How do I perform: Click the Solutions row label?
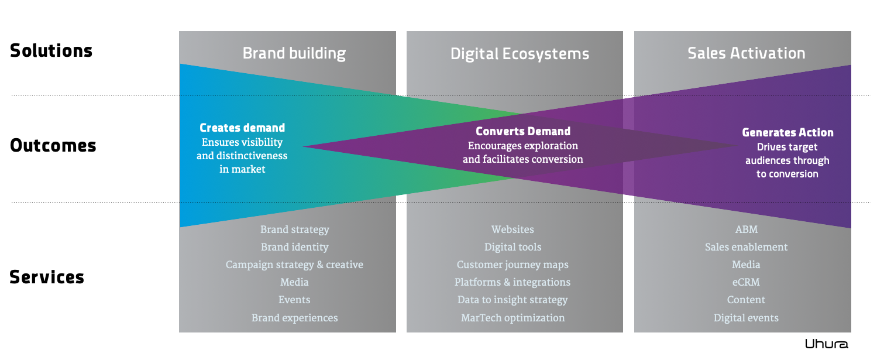click(51, 51)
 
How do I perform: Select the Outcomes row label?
click(53, 146)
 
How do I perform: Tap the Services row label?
click(47, 277)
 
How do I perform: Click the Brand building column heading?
click(294, 54)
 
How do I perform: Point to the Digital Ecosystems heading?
click(520, 54)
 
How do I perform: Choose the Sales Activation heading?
click(746, 53)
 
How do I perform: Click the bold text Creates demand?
click(242, 128)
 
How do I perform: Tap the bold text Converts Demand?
click(522, 131)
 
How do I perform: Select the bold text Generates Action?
click(787, 133)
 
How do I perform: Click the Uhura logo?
click(826, 344)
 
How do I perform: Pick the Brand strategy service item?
click(294, 230)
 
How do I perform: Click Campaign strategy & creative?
click(294, 265)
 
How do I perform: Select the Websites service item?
click(513, 230)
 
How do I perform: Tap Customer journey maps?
click(513, 265)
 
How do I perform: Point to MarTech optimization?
click(513, 318)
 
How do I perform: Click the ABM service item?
click(746, 230)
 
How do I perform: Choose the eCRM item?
click(746, 283)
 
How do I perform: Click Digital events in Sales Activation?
click(746, 318)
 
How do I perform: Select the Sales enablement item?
click(746, 248)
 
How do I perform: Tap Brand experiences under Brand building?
click(294, 318)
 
